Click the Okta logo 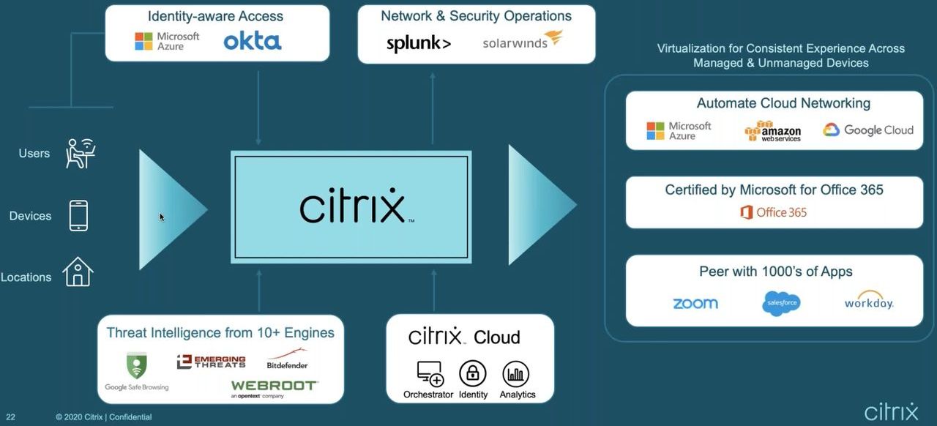[253, 41]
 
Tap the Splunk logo [418, 43]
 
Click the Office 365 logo [773, 212]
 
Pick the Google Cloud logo [868, 130]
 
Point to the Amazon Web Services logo [772, 131]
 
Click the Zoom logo [695, 303]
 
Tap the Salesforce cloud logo [781, 303]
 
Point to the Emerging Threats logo [211, 362]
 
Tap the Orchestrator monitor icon [430, 374]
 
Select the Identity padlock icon [473, 374]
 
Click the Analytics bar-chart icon [516, 374]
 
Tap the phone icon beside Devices [78, 216]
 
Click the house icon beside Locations [78, 272]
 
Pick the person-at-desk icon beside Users [81, 153]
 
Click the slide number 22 [11, 417]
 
